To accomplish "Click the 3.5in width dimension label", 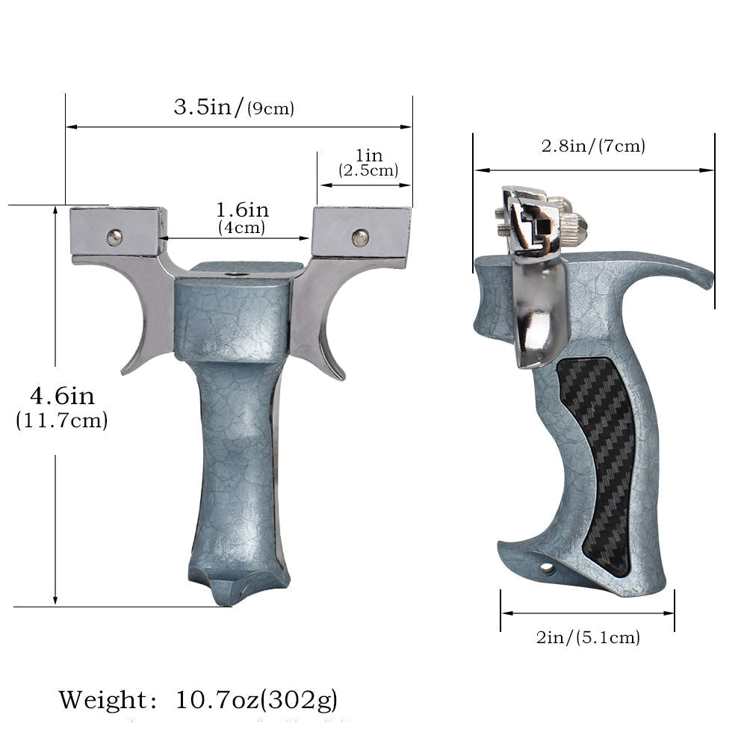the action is click(233, 107).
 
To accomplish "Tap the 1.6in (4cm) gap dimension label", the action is click(242, 217).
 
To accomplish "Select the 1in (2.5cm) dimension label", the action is click(368, 163).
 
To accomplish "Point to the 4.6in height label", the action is click(63, 396).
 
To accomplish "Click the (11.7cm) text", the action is click(62, 421).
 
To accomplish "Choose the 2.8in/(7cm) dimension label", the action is click(593, 146).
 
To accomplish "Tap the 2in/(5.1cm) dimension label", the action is click(588, 637).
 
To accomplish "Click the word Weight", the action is click(103, 700).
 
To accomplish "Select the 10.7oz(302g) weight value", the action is click(256, 700).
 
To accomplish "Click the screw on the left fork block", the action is click(114, 237).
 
